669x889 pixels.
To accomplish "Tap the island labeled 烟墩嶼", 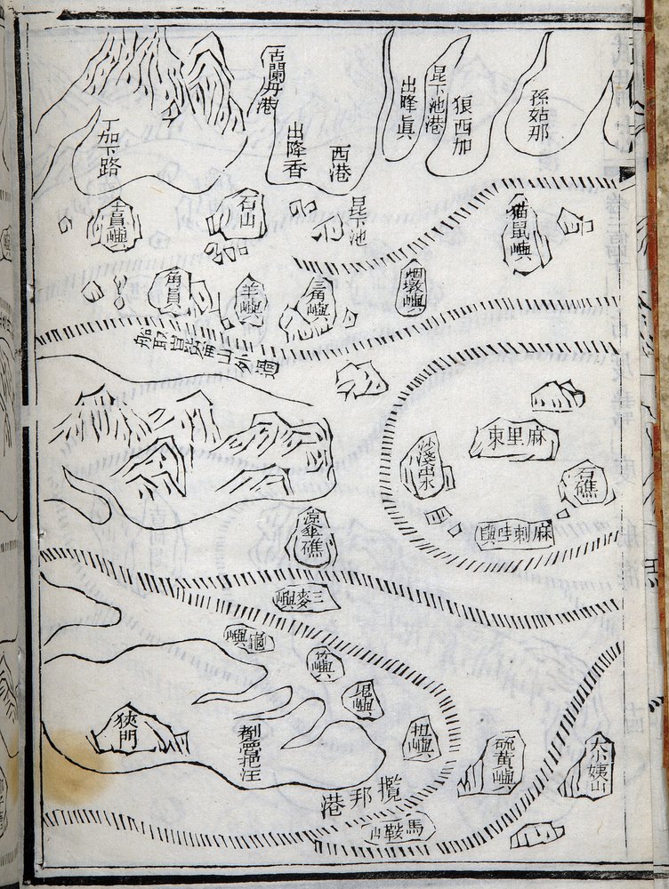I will click(412, 287).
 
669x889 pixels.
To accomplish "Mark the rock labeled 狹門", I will click(126, 732).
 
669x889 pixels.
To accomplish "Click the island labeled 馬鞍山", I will click(398, 829).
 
